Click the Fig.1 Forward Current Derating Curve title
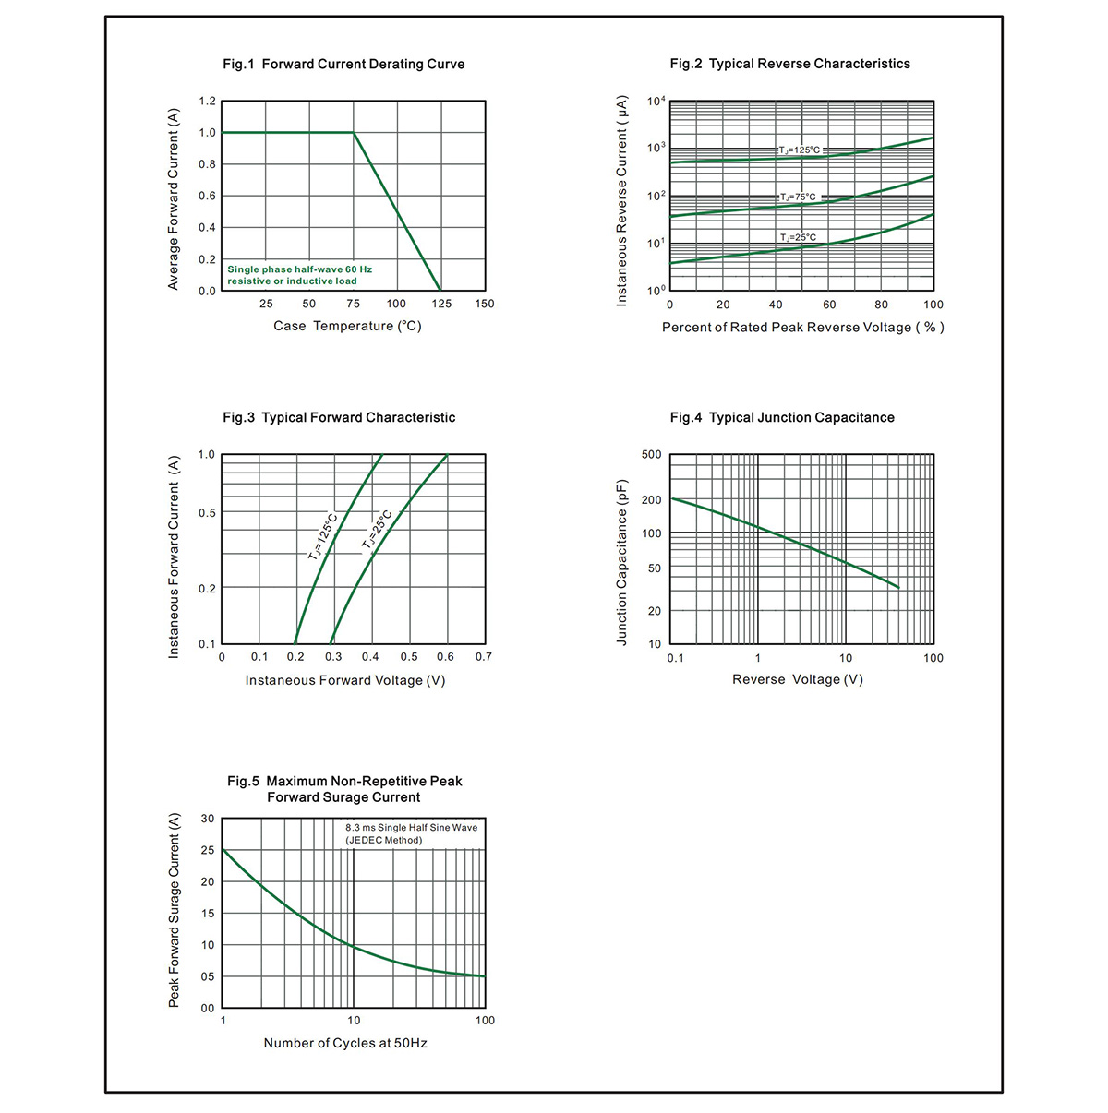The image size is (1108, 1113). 343,64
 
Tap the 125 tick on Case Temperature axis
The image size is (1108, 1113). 441,304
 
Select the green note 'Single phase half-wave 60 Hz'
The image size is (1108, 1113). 299,269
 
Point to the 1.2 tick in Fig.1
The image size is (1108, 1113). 207,102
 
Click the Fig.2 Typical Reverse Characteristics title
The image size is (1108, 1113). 789,64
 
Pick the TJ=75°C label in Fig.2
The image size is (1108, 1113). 798,197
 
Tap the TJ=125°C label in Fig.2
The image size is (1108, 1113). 799,150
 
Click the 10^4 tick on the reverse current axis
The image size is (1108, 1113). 656,102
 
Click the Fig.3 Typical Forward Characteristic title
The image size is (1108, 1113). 339,417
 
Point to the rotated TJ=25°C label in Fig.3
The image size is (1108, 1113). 377,529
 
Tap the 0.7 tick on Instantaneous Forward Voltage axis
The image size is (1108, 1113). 484,657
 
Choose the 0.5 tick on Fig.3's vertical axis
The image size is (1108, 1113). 207,513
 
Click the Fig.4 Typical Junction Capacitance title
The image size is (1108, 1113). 782,417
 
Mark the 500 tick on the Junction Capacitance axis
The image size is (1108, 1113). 651,455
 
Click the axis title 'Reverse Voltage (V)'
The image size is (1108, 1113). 798,679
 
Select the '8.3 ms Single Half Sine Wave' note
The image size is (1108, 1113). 412,828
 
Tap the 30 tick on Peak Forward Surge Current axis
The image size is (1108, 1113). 208,819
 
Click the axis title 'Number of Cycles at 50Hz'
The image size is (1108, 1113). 345,1043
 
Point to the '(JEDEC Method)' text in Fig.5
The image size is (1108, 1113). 384,841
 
